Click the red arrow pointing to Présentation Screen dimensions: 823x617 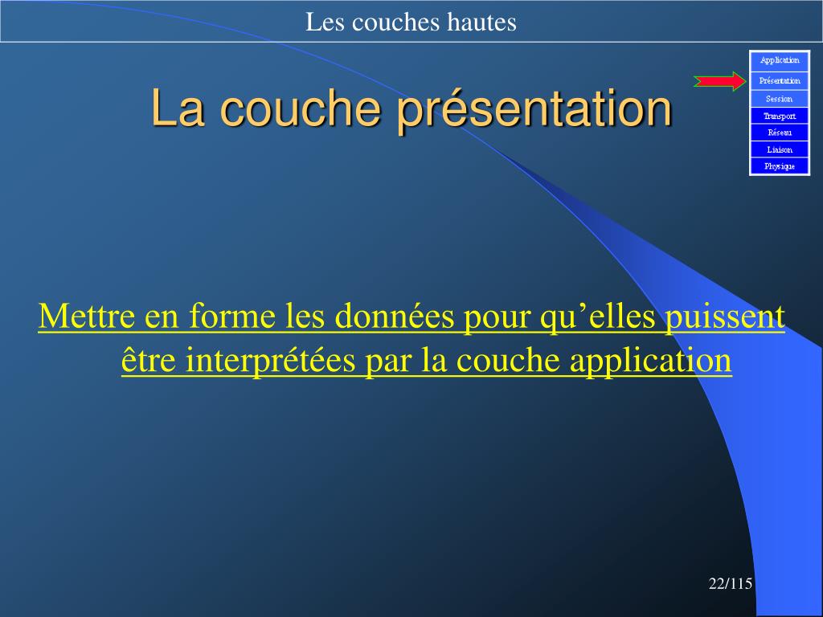click(x=719, y=81)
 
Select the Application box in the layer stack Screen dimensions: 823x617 click(x=780, y=61)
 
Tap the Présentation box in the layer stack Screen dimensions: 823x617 click(x=780, y=81)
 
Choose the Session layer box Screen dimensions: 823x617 click(x=780, y=99)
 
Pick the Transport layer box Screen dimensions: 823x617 click(x=780, y=116)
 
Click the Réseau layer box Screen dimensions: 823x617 click(x=780, y=133)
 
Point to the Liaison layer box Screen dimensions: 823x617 click(x=780, y=149)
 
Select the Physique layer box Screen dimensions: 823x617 click(x=780, y=166)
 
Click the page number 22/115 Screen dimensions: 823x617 click(x=730, y=583)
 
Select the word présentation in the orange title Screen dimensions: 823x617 click(x=534, y=109)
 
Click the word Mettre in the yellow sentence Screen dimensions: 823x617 click(x=87, y=317)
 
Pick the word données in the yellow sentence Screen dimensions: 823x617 click(x=394, y=317)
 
